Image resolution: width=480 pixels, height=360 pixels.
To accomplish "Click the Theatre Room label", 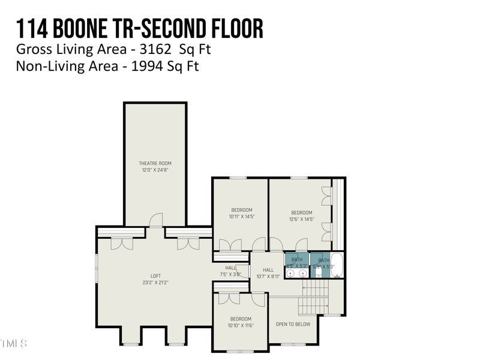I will tap(155, 163).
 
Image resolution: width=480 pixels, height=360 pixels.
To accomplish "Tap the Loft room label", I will tap(155, 276).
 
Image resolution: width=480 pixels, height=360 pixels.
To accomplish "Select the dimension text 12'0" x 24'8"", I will tap(155, 170).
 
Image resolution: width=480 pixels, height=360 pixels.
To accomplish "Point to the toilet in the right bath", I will tap(319, 272).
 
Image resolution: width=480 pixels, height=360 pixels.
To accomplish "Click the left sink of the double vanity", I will tap(290, 273).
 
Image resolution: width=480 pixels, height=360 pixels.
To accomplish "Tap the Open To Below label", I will tap(293, 324).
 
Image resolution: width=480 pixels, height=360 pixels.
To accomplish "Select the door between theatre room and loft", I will tap(156, 221).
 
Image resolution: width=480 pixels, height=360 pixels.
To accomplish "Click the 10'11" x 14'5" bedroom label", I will tap(241, 210).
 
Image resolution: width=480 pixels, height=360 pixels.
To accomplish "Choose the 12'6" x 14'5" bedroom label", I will tap(301, 212).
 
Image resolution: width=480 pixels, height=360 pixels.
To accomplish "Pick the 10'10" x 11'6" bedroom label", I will tap(241, 319).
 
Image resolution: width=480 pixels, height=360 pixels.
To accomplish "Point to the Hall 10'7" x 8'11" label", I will tap(268, 270).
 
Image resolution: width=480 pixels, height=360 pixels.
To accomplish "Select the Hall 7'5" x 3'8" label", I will tap(230, 268).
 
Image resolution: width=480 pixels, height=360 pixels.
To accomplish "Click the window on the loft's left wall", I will tap(97, 268).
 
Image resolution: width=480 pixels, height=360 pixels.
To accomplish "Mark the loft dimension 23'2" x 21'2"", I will tap(155, 282).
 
